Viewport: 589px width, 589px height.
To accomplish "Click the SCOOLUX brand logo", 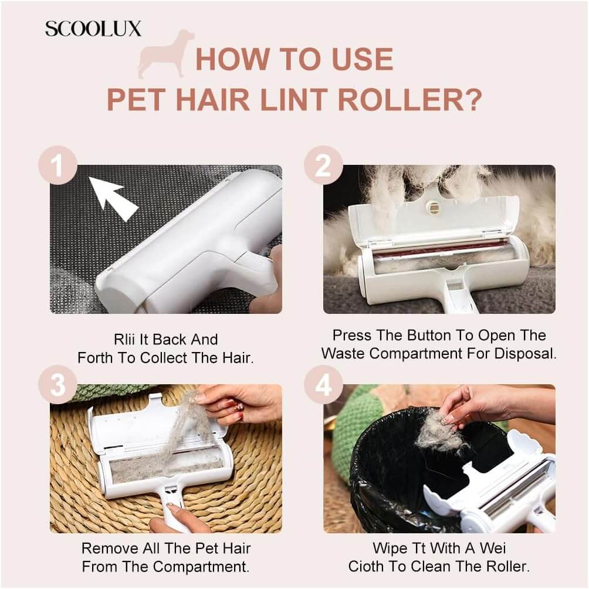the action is click(93, 29).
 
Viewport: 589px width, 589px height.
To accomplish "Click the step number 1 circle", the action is click(58, 165).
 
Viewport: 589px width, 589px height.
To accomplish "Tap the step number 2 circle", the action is click(323, 165).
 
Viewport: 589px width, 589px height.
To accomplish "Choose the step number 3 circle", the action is click(58, 385).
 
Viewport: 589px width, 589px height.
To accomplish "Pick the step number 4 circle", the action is click(323, 385).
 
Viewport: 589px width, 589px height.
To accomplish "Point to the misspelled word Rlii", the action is click(125, 340).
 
